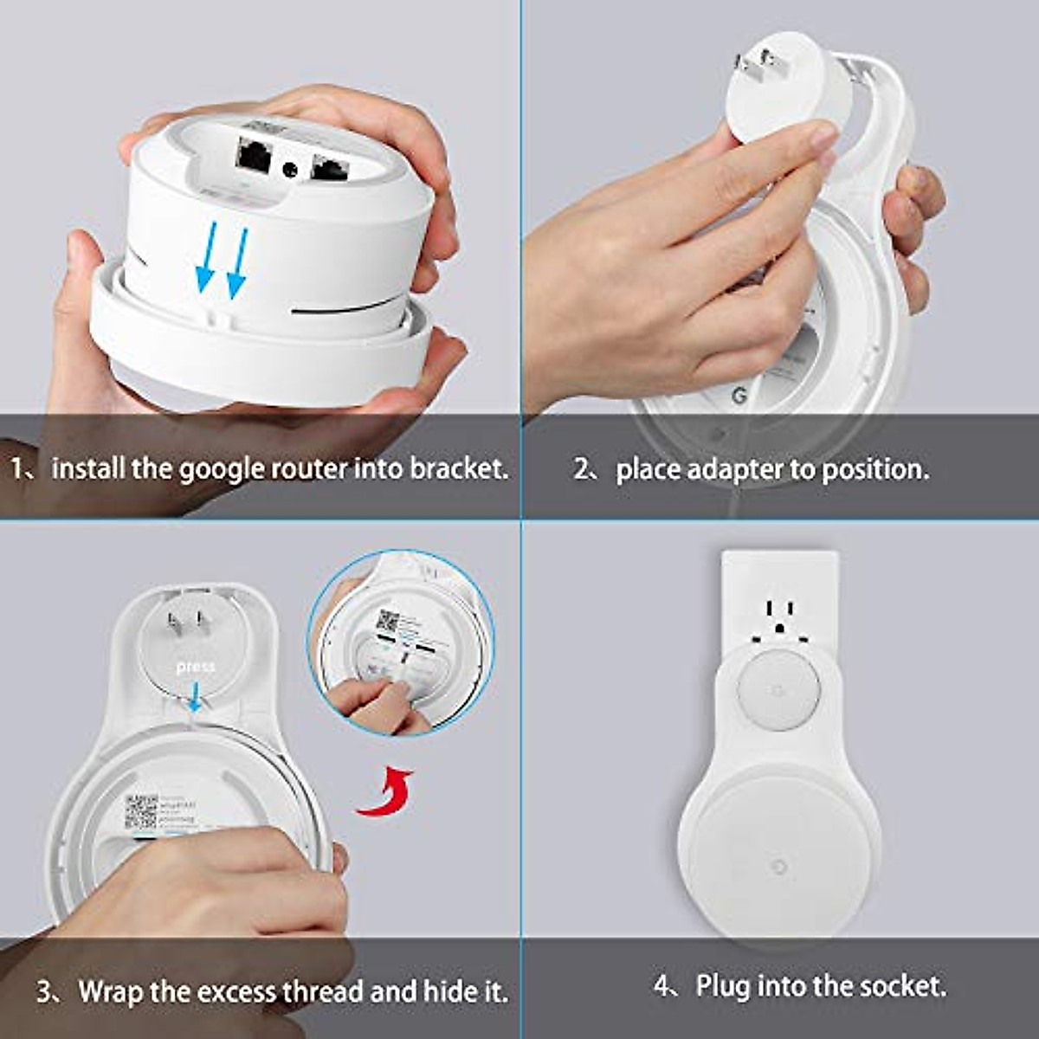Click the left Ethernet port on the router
pos(253,156)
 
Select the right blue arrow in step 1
pos(236,262)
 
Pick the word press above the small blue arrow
pos(195,667)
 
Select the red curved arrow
pos(385,792)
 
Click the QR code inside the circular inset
pos(388,623)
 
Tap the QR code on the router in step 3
pos(140,811)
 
